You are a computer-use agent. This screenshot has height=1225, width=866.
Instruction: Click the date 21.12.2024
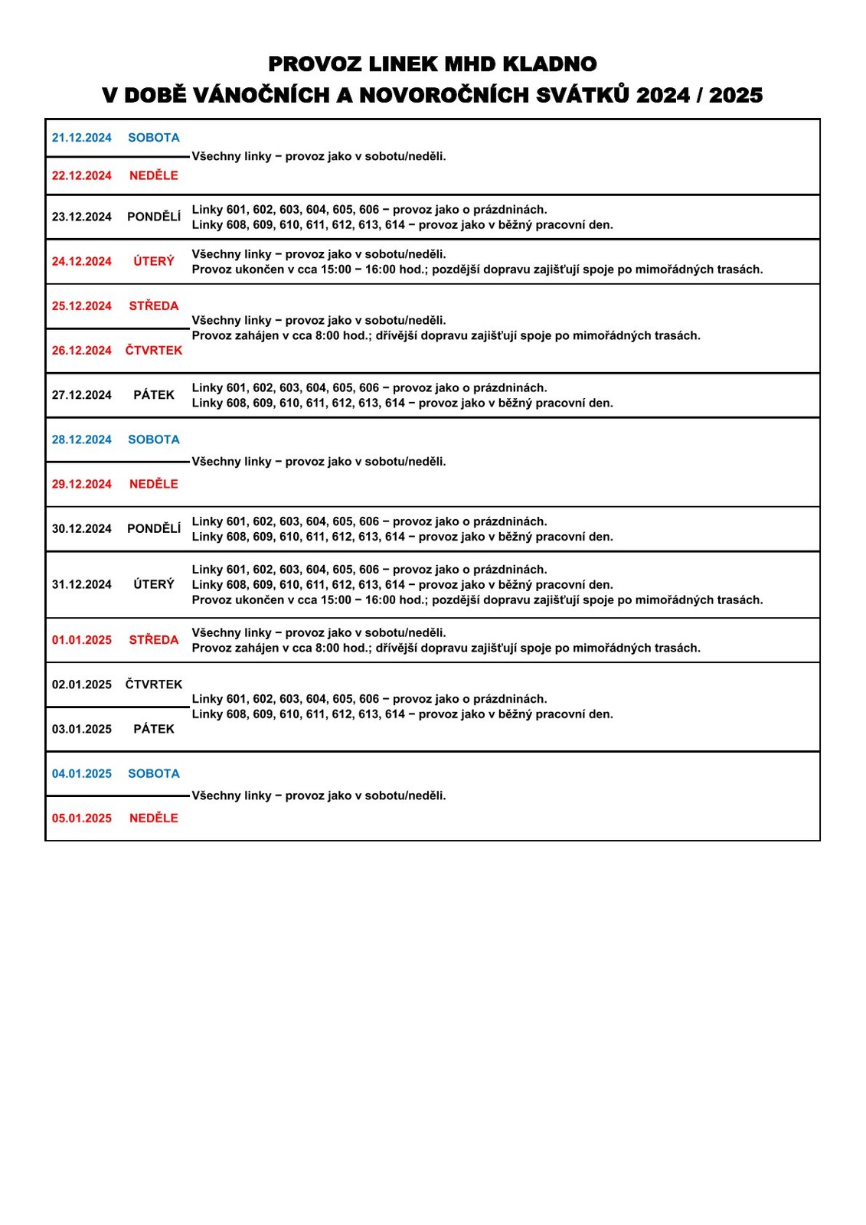(x=82, y=138)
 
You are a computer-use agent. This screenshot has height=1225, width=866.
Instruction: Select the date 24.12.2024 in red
(x=82, y=262)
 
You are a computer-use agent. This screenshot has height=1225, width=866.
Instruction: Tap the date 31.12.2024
(x=82, y=585)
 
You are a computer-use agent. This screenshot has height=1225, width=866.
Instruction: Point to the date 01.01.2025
(x=82, y=640)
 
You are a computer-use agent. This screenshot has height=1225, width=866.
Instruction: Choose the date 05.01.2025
(x=82, y=818)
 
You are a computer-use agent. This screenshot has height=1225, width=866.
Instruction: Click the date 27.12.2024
(x=82, y=395)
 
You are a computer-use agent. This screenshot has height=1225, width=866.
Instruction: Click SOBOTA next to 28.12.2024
(x=154, y=439)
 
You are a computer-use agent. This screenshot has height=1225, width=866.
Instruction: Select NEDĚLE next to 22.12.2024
(x=154, y=175)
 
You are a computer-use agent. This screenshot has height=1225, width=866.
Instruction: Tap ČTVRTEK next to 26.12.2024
(x=154, y=351)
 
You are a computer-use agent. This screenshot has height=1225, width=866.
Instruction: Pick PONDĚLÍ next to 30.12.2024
(x=154, y=529)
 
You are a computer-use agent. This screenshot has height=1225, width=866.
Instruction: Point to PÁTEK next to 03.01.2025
(x=154, y=730)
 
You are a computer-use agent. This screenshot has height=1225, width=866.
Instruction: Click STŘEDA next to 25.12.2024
(x=154, y=306)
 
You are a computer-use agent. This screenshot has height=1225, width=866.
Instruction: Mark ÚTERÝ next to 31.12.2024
(x=154, y=585)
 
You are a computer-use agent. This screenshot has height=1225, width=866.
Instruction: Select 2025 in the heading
(x=736, y=96)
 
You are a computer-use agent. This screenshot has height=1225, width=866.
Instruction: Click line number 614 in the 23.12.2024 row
(x=395, y=225)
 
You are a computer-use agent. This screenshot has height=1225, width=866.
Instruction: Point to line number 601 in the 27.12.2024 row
(x=237, y=388)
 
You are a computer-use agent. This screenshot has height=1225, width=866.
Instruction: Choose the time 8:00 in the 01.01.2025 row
(x=327, y=648)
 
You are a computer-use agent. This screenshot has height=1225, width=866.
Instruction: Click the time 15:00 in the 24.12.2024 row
(x=338, y=269)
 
